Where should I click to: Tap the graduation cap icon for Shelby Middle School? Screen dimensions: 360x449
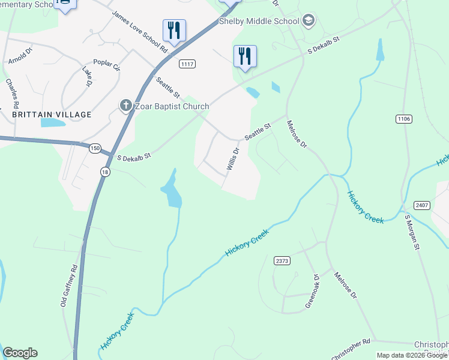(x=309, y=21)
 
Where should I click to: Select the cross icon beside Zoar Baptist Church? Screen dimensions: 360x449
(x=125, y=106)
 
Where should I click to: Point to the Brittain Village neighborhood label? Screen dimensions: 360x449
(x=52, y=114)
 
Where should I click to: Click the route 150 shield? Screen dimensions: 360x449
(x=95, y=148)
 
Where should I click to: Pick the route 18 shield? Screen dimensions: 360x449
(x=106, y=172)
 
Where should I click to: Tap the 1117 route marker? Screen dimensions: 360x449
(x=187, y=64)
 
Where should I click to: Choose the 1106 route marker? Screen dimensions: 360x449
(x=404, y=119)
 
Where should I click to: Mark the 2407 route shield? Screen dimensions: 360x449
(x=422, y=205)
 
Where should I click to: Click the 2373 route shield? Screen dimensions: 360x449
(x=282, y=260)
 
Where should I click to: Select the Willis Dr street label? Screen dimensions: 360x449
(x=233, y=159)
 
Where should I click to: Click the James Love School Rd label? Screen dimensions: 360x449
(x=139, y=31)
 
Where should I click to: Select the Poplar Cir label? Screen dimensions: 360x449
(x=106, y=65)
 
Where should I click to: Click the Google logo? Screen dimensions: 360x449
(x=20, y=353)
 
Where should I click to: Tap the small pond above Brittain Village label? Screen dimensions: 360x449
(x=53, y=123)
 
